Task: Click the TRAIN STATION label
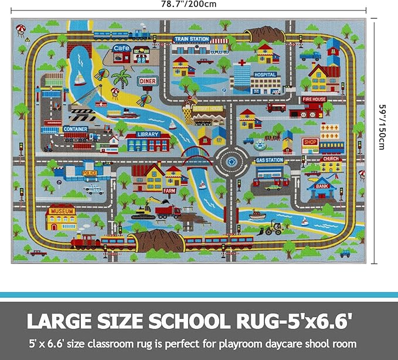point(191,39)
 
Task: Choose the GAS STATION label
point(270,160)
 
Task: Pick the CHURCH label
point(331,158)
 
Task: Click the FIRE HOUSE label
point(314,100)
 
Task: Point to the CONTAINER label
point(76,129)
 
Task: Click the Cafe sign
point(121,49)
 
